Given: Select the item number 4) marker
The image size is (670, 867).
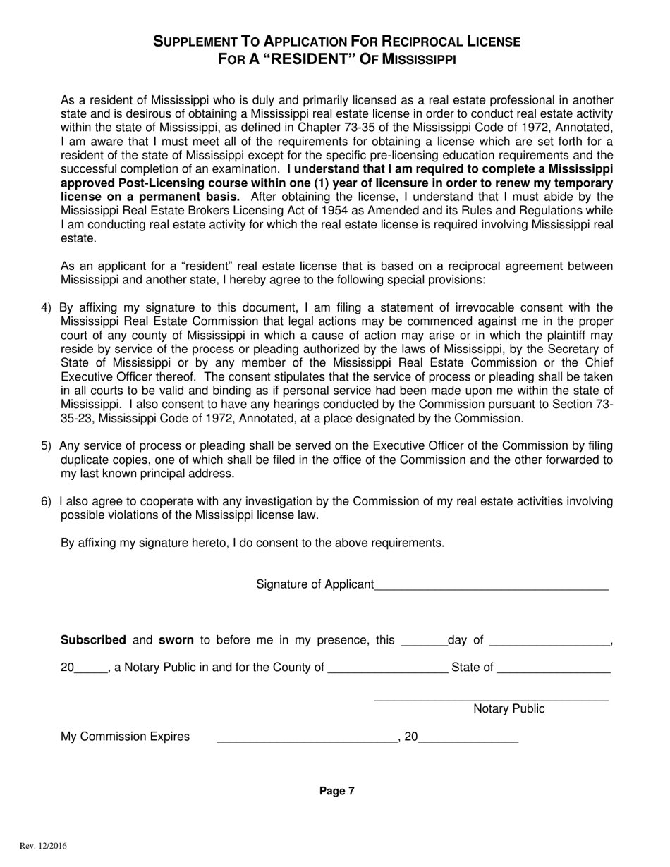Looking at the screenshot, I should pos(47,307).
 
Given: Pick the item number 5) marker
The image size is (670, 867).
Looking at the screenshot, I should pos(47,445).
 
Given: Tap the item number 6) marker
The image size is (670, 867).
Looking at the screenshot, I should pos(47,501).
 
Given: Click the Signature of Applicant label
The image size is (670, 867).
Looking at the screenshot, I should pos(315,584).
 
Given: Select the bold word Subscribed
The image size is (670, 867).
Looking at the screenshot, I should pos(93,640).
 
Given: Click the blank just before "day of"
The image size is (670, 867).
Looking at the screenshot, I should pos(423,642).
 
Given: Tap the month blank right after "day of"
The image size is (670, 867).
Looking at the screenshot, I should pos(549,642).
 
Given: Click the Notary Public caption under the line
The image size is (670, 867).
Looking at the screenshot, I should pos(508,709).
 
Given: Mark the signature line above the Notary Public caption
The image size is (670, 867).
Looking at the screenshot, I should pos(492,699).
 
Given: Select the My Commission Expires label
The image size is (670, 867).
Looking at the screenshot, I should pos(125,737).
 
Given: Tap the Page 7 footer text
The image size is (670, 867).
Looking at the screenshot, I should pos(337,791).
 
